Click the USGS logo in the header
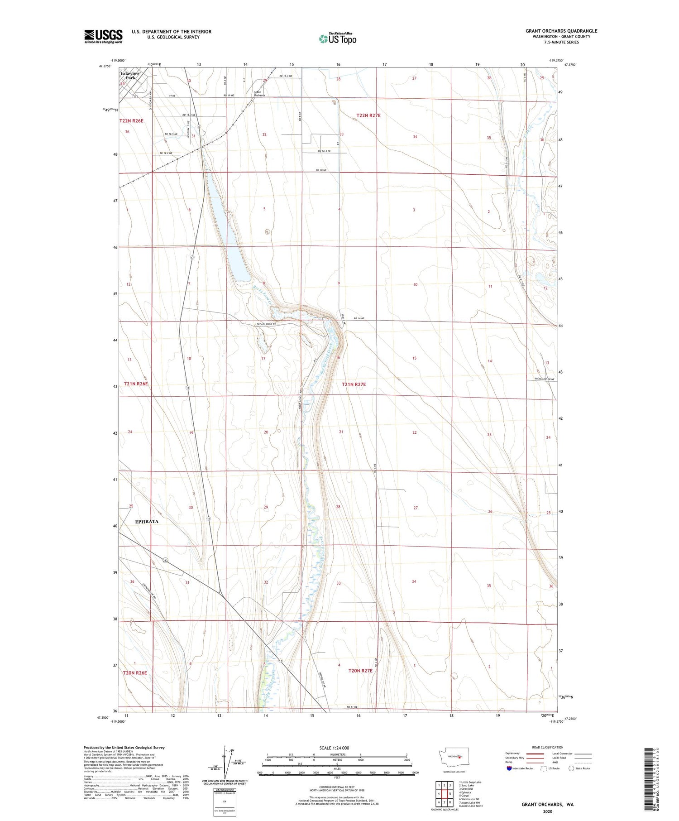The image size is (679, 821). click(103, 36)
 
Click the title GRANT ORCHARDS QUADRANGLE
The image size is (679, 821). click(561, 31)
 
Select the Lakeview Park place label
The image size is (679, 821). click(130, 75)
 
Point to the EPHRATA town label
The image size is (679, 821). click(147, 521)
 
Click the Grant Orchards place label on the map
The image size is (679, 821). click(259, 94)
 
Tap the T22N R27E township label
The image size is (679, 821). click(368, 115)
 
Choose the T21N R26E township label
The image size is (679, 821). click(136, 384)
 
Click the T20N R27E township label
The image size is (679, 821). click(360, 670)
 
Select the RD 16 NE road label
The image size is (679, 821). click(359, 318)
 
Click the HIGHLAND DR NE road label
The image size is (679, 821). click(545, 379)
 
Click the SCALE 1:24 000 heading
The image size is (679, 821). click(334, 748)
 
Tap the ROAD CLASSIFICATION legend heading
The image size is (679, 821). click(547, 747)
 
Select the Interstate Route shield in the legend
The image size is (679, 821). click(509, 768)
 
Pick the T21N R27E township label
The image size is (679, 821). click(354, 384)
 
